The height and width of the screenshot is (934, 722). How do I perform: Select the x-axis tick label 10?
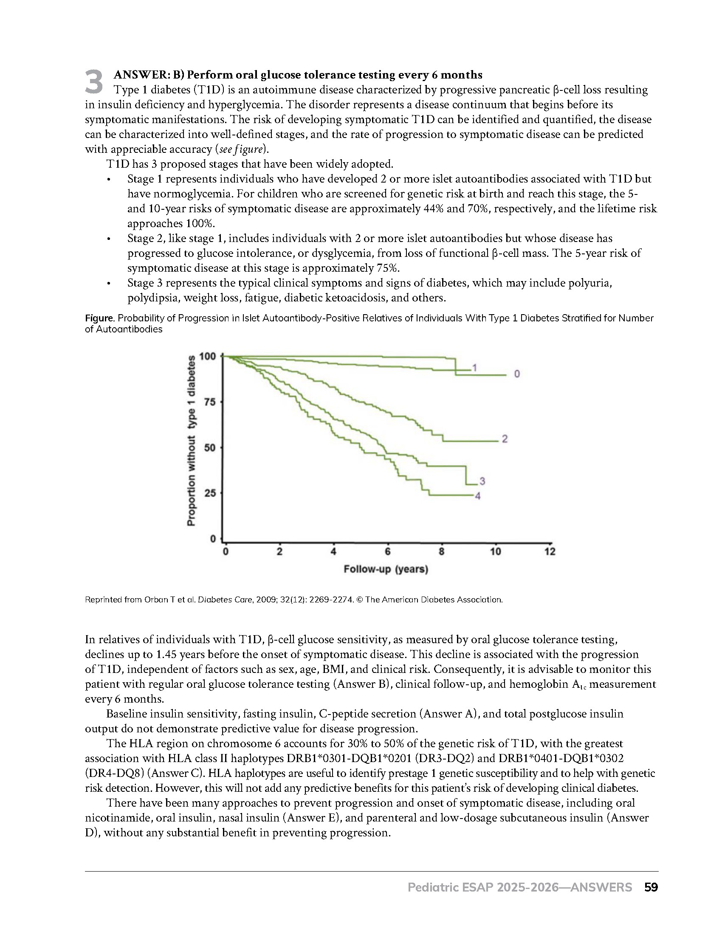(x=495, y=551)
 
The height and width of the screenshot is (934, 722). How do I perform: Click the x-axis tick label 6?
(x=387, y=551)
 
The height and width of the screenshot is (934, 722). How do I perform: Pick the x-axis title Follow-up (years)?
(x=386, y=569)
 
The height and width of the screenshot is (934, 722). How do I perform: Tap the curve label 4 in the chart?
(x=478, y=496)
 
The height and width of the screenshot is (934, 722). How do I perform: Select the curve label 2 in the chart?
(x=505, y=439)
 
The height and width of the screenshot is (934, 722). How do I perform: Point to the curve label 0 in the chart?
(x=517, y=374)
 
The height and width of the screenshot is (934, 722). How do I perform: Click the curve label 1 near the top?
(x=474, y=367)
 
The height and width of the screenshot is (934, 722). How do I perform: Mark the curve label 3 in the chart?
(x=482, y=481)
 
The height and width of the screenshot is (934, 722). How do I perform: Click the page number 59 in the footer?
(x=651, y=887)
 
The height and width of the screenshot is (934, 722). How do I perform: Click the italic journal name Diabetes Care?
(x=240, y=599)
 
